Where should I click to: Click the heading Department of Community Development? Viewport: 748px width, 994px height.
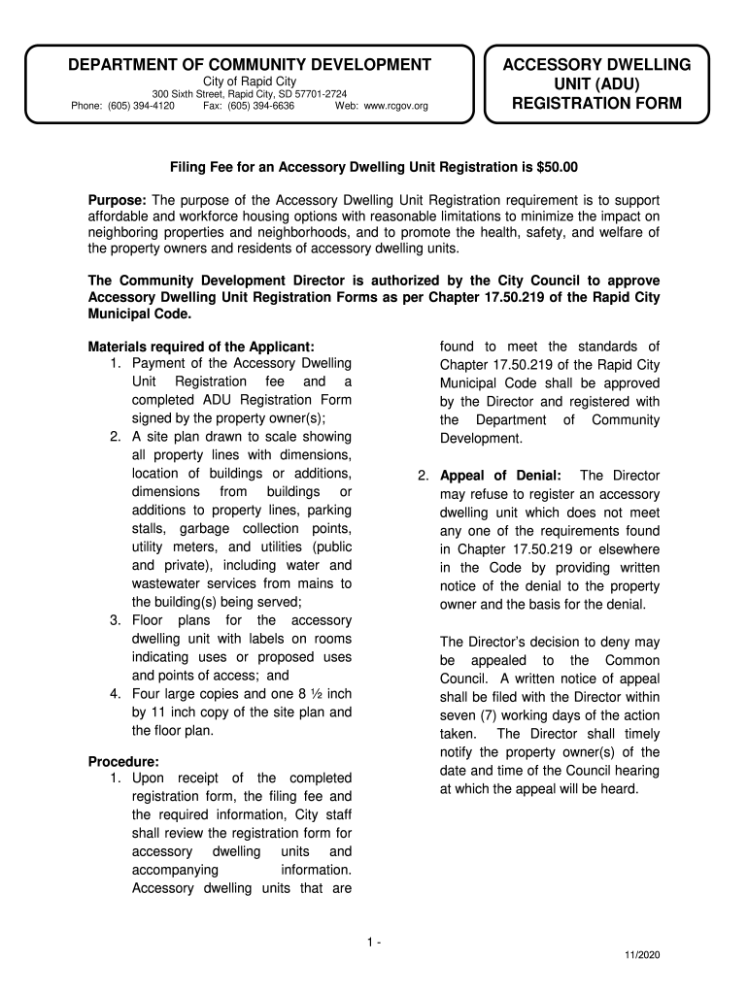coord(249,65)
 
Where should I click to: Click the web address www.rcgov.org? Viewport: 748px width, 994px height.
coord(395,106)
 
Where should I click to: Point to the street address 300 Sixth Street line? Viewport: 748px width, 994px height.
coord(249,94)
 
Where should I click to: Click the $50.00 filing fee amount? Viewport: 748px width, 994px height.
coord(558,167)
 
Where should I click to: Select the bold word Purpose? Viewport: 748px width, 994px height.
coord(117,199)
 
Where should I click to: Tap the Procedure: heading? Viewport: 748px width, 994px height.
coord(123,761)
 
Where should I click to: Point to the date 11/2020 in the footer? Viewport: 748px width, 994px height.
coord(642,956)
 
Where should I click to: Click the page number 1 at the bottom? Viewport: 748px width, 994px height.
coord(371,943)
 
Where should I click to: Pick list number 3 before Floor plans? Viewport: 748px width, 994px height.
coord(115,620)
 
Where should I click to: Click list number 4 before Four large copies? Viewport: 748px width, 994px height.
coord(115,694)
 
